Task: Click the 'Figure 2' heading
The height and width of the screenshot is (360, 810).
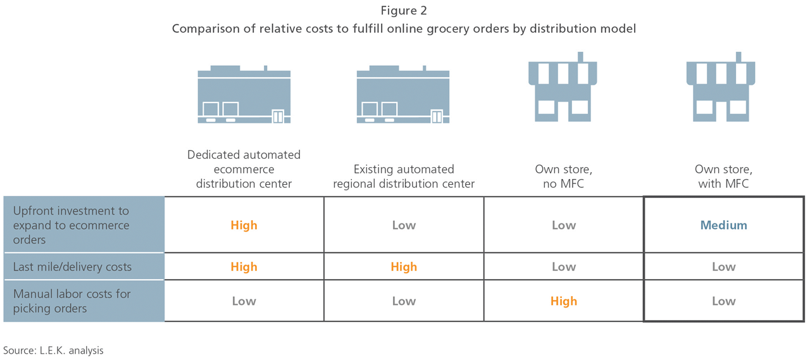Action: (404, 11)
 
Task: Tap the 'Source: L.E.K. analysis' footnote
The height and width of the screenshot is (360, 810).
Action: (53, 350)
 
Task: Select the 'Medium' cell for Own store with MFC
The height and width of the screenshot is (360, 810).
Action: (723, 225)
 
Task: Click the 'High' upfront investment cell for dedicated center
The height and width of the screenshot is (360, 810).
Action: (244, 225)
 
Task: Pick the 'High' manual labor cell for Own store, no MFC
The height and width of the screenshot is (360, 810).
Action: (563, 301)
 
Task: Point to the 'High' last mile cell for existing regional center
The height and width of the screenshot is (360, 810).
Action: (404, 267)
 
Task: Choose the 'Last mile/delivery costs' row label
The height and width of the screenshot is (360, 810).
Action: (72, 267)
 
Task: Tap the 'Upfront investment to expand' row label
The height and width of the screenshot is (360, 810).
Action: (71, 225)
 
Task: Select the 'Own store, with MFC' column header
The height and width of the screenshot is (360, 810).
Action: (723, 177)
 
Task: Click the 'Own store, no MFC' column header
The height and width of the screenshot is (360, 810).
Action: (563, 177)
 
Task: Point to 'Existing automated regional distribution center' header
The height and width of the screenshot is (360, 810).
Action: (404, 177)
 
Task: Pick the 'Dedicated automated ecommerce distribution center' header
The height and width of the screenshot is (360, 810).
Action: (244, 169)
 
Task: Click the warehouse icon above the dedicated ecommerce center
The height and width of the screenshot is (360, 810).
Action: (244, 94)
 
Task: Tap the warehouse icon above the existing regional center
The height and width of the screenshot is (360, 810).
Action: (403, 94)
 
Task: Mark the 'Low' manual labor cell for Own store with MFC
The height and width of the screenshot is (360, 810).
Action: (723, 301)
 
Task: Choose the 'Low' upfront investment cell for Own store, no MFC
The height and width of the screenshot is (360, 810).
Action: (563, 225)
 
